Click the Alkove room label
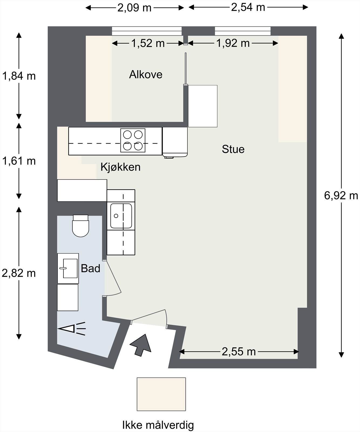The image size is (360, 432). coord(146,75)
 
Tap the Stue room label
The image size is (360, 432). coord(233,149)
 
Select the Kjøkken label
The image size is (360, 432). coord(120,167)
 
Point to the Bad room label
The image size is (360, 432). coord(90,268)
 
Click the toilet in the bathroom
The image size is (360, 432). coord(80,226)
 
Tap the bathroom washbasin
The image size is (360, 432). coord(68,268)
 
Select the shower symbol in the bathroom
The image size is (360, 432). coord(72,329)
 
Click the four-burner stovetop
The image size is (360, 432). coord(133,140)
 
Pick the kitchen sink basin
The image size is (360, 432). coord(121,216)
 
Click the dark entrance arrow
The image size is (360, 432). coord(141,345)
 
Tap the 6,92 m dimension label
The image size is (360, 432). coord(341,195)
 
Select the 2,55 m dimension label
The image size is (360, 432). coord(239,352)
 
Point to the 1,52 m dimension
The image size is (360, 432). coord(148,43)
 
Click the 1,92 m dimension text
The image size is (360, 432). coord(233,43)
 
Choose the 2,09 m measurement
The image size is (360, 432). coord(134,8)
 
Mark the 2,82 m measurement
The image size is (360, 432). coord(19,273)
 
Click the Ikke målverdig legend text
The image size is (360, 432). coord(158,425)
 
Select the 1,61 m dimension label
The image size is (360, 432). coord(19,161)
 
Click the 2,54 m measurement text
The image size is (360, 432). coord(248,7)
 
